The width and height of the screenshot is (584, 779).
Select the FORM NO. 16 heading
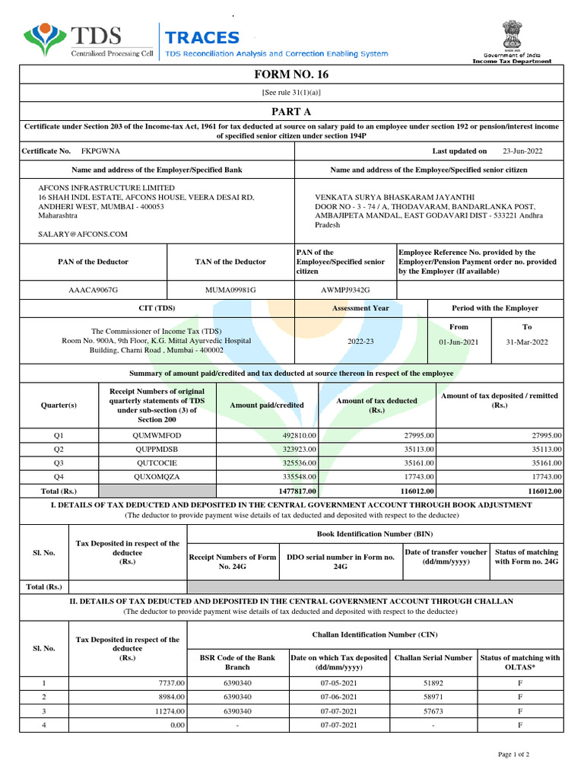coord(292,75)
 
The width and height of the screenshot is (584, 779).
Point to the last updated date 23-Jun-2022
coord(523,151)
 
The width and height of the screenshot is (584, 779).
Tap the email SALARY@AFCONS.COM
coord(83,234)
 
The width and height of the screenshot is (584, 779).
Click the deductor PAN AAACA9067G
coord(94,290)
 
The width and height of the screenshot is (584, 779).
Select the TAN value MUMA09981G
coord(230,290)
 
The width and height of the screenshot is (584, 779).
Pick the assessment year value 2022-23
coord(360,342)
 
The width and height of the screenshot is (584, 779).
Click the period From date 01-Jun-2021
coord(459,342)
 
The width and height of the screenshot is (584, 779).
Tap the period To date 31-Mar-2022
coord(526,342)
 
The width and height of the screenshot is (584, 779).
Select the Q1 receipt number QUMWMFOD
coord(157,435)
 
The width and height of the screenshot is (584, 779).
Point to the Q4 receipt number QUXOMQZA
coord(158,476)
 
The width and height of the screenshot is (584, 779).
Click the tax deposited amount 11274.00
coord(167,711)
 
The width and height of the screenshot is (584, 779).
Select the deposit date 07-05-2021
coord(338,683)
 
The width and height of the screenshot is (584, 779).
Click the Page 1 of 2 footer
coord(513,754)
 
